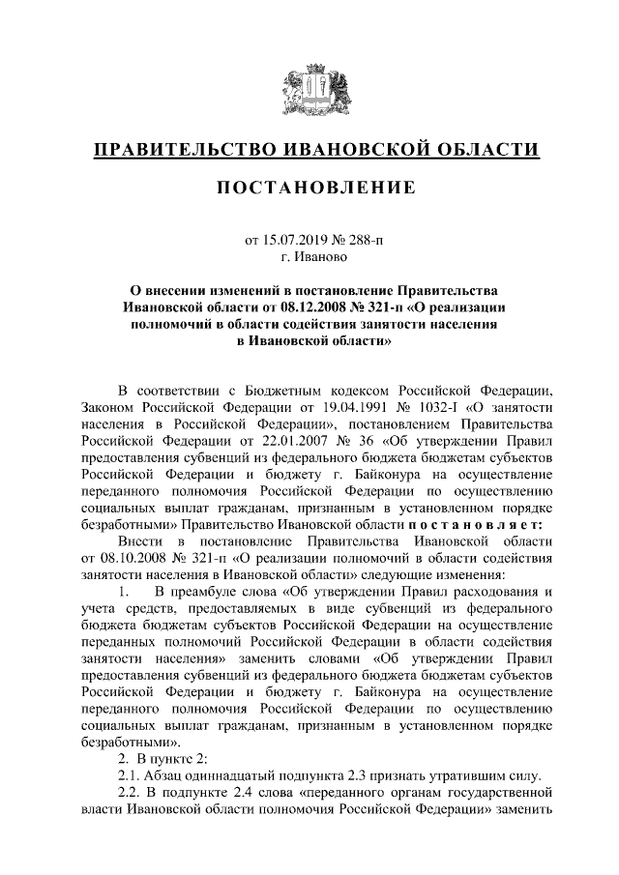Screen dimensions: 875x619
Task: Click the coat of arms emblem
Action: click(x=309, y=91)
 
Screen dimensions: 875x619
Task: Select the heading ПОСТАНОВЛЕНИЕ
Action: click(x=309, y=186)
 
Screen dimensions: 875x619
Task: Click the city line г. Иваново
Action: click(x=309, y=256)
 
